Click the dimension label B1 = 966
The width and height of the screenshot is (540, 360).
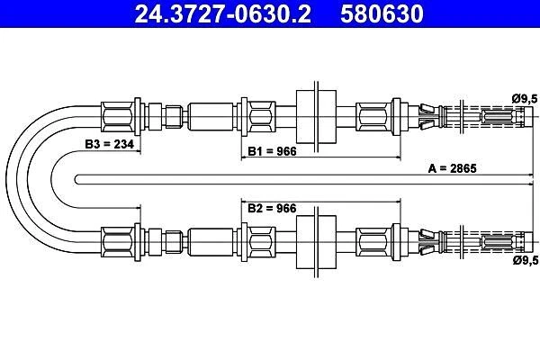pyautogui.click(x=274, y=150)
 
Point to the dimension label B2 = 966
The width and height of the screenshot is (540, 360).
pyautogui.click(x=274, y=208)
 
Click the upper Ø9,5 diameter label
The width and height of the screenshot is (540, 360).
pyautogui.click(x=524, y=97)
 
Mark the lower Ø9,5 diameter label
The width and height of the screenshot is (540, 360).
pyautogui.click(x=524, y=262)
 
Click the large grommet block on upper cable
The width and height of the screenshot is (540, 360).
pyautogui.click(x=316, y=117)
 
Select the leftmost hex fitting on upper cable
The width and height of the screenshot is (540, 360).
pyautogui.click(x=119, y=117)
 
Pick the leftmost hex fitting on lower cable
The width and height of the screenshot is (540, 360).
pyautogui.click(x=119, y=241)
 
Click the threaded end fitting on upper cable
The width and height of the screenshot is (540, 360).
pyautogui.click(x=499, y=117)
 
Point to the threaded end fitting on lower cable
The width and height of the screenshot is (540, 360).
pyautogui.click(x=499, y=241)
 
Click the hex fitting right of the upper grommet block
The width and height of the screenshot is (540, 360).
pyautogui.click(x=373, y=117)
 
